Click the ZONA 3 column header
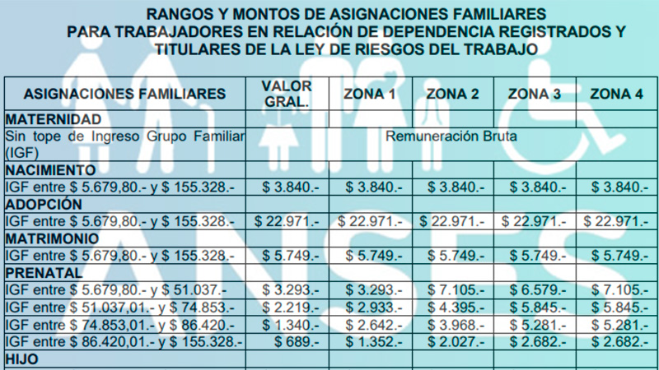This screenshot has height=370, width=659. tap(534, 94)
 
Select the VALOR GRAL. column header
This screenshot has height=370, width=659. tap(287, 94)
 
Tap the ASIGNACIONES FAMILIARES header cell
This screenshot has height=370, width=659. tap(125, 94)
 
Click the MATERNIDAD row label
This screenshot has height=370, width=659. tap(54, 119)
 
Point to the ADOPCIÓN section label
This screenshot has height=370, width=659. tap(44, 204)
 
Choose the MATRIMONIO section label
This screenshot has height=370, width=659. tap(52, 238)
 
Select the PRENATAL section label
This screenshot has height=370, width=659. tap(44, 273)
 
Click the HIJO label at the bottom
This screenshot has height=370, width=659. tap(22, 359)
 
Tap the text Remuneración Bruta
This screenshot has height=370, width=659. tap(451, 136)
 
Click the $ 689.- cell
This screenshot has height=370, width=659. tap(297, 342)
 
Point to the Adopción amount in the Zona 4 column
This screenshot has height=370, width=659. tap(615, 221)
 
